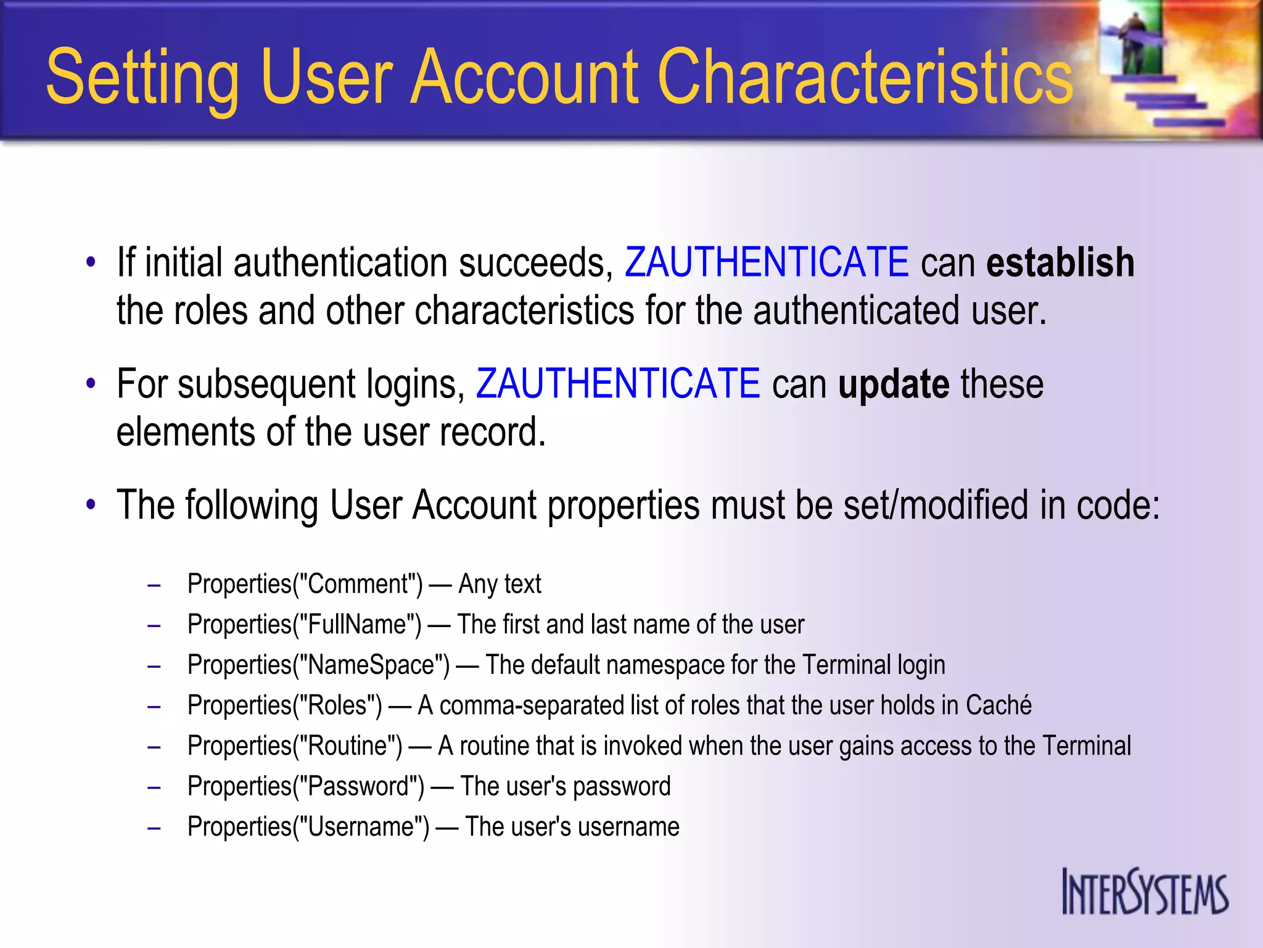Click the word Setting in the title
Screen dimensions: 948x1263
pos(142,78)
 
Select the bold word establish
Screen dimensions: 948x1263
pos(1060,263)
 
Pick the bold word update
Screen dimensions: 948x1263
pos(894,385)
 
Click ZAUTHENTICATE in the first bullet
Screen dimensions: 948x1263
pos(767,262)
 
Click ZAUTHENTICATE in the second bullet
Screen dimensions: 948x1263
pos(618,383)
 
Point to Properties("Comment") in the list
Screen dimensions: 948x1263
pos(305,584)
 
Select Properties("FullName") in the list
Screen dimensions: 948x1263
pos(305,625)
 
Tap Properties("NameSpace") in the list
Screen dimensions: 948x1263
pos(319,665)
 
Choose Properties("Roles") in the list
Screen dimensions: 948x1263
pos(285,705)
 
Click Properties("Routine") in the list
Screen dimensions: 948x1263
pos(295,746)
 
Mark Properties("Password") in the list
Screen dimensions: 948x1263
pos(306,786)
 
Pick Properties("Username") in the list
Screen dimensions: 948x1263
pos(308,827)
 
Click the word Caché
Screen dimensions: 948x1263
pos(998,705)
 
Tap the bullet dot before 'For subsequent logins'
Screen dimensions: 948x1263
pos(91,384)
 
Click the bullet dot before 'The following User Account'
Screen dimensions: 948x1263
pos(91,505)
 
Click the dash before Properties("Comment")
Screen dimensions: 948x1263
pos(154,584)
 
